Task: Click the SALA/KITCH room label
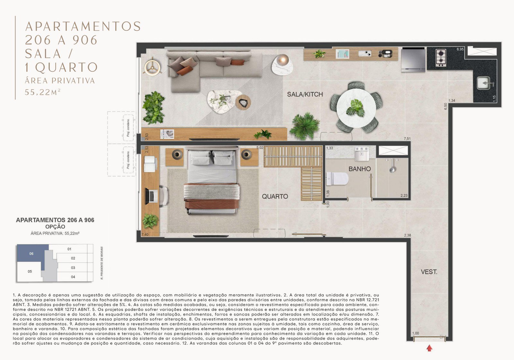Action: pos(305,94)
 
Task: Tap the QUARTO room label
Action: pos(275,196)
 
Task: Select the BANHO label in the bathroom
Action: pos(359,169)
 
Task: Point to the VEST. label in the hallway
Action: pos(429,272)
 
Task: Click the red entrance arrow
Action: pos(429,348)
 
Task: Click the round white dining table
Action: pos(356,107)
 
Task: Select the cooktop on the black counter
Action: pos(441,58)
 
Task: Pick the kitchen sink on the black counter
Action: pos(483,83)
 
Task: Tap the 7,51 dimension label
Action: pos(407,139)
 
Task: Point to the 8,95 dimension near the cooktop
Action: pos(460,49)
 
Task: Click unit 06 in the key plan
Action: pos(31,254)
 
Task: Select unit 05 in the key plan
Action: pos(30,272)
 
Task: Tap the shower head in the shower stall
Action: pos(392,168)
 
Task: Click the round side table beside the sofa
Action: pos(282,64)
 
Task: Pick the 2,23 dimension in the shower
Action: pos(403,195)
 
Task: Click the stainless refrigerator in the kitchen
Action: pos(413,59)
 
